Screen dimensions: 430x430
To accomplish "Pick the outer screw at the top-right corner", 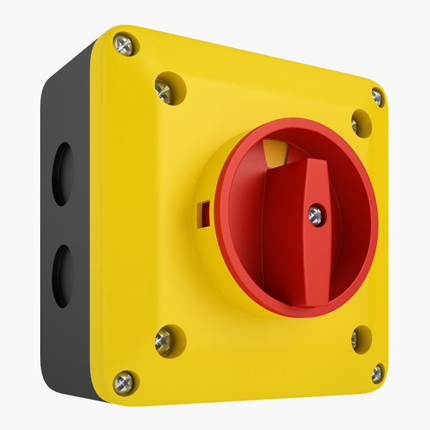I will (377, 97).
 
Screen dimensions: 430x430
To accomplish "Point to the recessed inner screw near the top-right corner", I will (355, 125).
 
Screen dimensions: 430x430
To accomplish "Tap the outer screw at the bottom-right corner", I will (377, 372).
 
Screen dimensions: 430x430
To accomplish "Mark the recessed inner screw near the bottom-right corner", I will (355, 338).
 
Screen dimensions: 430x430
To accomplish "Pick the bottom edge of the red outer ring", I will (301, 313).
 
